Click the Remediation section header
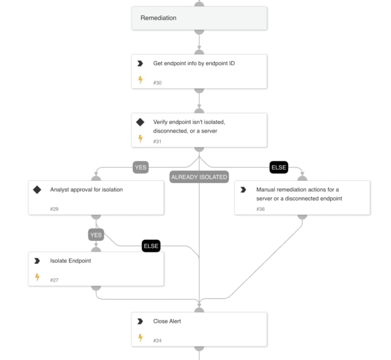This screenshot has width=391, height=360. pyautogui.click(x=158, y=18)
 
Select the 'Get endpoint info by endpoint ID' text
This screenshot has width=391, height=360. pyautogui.click(x=194, y=64)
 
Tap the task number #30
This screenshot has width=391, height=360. pyautogui.click(x=157, y=82)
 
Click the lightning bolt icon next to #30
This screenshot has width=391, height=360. pyautogui.click(x=141, y=80)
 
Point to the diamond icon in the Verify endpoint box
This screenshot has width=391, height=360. pyautogui.click(x=141, y=122)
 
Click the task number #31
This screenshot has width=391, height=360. pyautogui.click(x=157, y=141)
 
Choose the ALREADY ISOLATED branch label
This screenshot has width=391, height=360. pyautogui.click(x=199, y=177)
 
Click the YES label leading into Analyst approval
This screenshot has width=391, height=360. pyautogui.click(x=141, y=167)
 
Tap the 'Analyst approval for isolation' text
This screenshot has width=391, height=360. pyautogui.click(x=86, y=190)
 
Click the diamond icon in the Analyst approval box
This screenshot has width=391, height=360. pyautogui.click(x=37, y=190)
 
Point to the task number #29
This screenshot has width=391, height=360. pyautogui.click(x=54, y=209)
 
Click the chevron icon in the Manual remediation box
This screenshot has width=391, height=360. pyautogui.click(x=243, y=190)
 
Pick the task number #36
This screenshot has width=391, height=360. pyautogui.click(x=261, y=209)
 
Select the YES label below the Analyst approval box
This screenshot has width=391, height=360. pyautogui.click(x=96, y=235)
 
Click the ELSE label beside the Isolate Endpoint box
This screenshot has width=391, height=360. pyautogui.click(x=151, y=246)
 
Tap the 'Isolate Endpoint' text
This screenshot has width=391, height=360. pyautogui.click(x=70, y=261)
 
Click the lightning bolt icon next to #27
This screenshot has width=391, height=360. pyautogui.click(x=37, y=278)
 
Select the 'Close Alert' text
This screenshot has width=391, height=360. pyautogui.click(x=167, y=321)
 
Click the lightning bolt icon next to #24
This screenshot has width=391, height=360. pyautogui.click(x=141, y=338)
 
